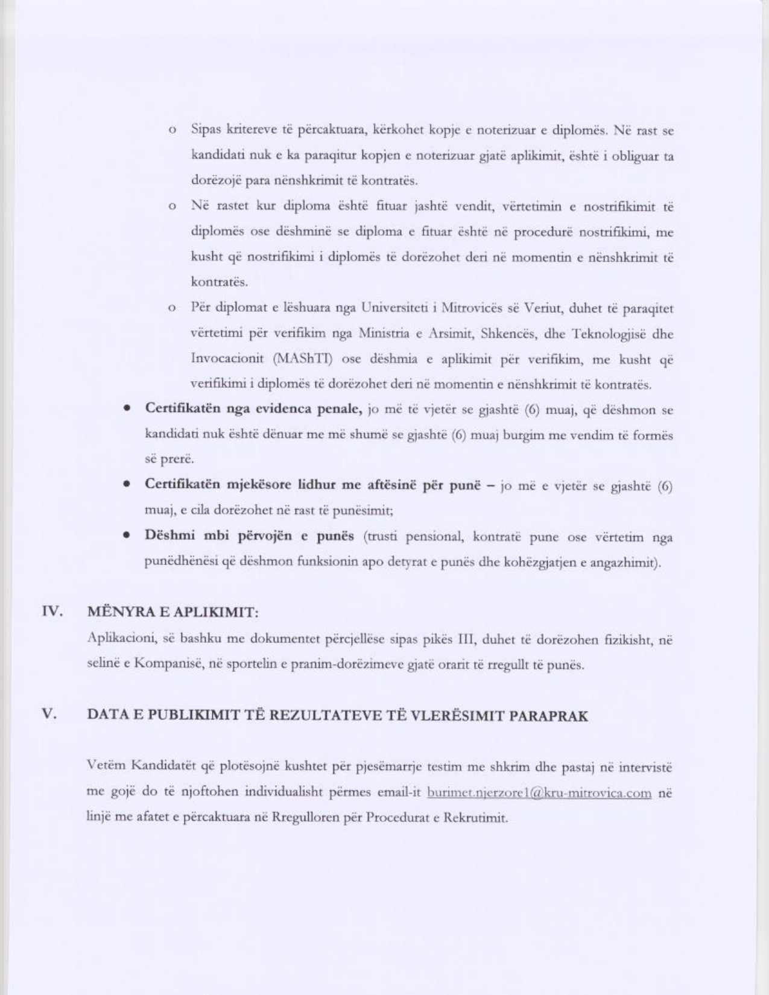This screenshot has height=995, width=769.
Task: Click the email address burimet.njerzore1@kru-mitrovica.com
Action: [x=539, y=792]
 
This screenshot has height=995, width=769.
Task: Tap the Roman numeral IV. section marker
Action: [x=52, y=611]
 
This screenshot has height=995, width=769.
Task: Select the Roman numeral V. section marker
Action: [x=49, y=715]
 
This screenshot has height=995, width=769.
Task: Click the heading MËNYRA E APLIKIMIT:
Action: [x=173, y=612]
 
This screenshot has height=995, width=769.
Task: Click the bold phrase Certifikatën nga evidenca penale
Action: [x=253, y=409]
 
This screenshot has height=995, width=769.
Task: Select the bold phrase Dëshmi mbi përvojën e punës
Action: [x=249, y=535]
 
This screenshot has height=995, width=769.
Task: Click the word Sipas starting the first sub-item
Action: [x=206, y=130]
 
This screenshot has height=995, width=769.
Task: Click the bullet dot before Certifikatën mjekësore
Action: [x=127, y=484]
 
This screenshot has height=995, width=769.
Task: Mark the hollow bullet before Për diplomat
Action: [x=172, y=309]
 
